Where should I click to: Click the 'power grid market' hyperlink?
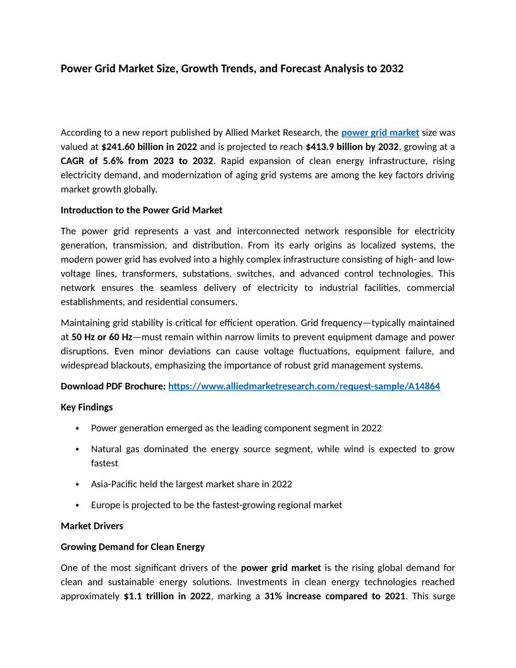(380, 133)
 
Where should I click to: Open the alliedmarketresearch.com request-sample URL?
(304, 387)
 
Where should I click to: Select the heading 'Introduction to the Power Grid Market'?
(141, 210)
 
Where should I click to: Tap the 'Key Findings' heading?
(87, 407)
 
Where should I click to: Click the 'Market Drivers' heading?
(92, 526)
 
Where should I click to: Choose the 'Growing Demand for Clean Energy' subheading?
(132, 547)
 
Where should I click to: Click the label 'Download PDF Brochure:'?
(113, 387)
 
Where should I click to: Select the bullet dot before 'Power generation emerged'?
(77, 428)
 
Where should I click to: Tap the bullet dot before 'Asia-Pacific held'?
(77, 485)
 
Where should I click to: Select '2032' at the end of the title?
(391, 68)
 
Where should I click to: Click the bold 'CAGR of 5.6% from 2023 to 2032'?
(137, 161)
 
